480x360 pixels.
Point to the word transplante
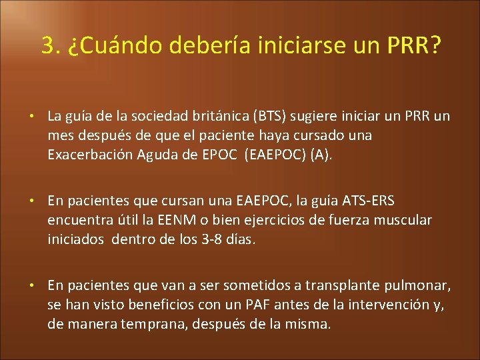(345, 285)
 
